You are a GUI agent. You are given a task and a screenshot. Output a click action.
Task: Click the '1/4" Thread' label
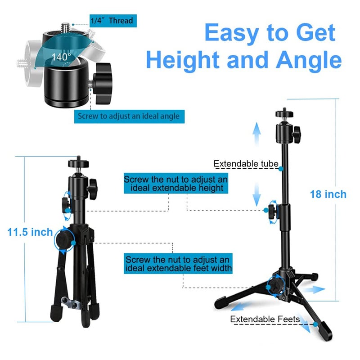click(111, 20)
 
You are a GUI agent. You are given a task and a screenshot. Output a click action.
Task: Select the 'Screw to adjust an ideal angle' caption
click(129, 116)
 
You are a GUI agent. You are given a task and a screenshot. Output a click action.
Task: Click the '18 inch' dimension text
click(328, 194)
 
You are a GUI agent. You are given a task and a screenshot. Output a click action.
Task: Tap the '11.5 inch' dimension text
click(30, 233)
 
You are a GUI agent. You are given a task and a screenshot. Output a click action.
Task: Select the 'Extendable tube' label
click(246, 164)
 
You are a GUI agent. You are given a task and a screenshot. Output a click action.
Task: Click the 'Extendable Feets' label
click(265, 319)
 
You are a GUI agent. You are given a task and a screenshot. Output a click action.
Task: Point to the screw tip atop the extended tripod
click(283, 111)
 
